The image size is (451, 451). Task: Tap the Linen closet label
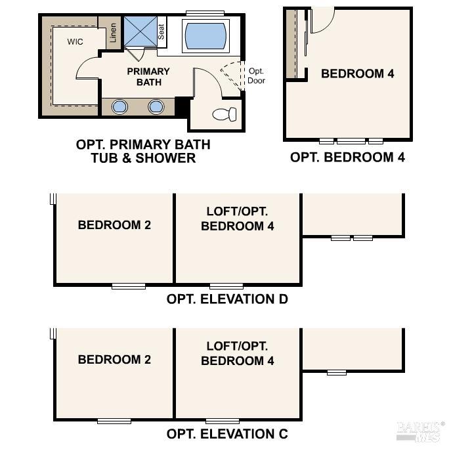(x=114, y=33)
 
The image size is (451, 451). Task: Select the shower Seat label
(x=161, y=32)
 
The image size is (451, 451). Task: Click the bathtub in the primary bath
(x=205, y=35)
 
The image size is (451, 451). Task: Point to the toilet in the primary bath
(x=225, y=114)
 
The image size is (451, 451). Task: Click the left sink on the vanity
(x=120, y=106)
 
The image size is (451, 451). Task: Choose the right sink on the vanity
(x=156, y=106)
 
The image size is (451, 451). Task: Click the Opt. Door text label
(x=255, y=75)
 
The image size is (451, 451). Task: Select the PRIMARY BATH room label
(x=148, y=77)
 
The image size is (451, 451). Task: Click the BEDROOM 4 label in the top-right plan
(x=357, y=74)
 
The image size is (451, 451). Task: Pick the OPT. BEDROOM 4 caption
(x=347, y=157)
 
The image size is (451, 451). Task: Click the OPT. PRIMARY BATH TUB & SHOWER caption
(x=144, y=151)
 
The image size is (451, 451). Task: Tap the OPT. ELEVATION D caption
(x=227, y=299)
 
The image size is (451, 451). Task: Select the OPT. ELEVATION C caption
(x=227, y=434)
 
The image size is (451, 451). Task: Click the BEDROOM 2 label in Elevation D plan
(x=114, y=225)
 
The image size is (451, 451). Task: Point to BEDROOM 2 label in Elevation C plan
(x=114, y=359)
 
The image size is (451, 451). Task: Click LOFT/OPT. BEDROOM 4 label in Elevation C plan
(x=237, y=353)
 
